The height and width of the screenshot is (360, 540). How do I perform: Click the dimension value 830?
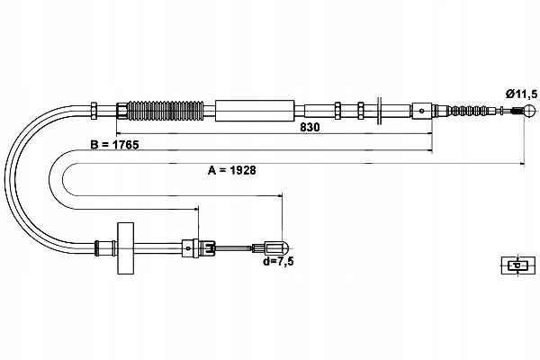point(309,128)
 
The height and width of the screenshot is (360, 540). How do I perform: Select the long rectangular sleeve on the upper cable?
point(256,110)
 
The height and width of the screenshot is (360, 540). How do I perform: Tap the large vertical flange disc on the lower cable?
point(124,247)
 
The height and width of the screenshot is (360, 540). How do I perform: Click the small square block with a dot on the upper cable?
point(423,112)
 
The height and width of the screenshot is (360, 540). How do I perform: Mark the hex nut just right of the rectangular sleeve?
point(337,111)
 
